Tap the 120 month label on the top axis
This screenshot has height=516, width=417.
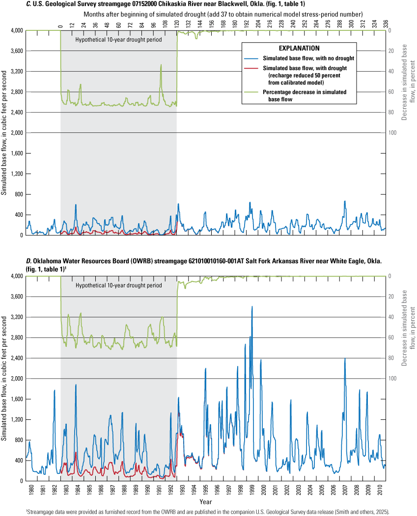177,23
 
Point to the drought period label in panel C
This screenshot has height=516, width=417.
118,39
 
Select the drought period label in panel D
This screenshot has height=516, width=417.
118,285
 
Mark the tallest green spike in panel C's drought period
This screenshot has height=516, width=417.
161,65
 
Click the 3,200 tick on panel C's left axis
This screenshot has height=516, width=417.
14,72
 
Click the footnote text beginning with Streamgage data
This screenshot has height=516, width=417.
208,512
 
